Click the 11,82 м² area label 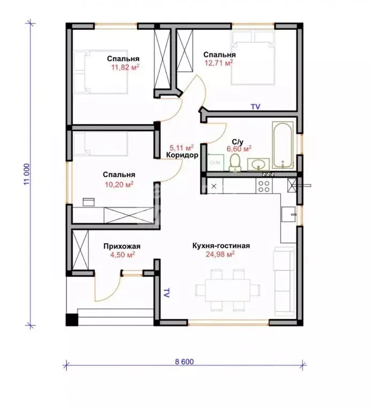point(125,67)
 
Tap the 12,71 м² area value point(219,63)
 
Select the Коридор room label point(182,155)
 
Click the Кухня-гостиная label point(221,246)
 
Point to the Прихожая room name point(122,246)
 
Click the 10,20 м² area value point(119,184)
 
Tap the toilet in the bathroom point(235,162)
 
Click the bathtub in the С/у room point(282,145)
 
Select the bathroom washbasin point(258,164)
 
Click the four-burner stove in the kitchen point(264,186)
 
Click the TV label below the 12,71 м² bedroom point(256,107)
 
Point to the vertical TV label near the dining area point(166,293)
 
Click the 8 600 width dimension point(184,361)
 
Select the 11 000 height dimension point(27,174)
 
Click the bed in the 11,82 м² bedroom point(101,72)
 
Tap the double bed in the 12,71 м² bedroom point(253,58)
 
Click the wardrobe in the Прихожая point(80,250)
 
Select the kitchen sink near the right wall point(289,214)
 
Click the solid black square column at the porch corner point(72,320)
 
